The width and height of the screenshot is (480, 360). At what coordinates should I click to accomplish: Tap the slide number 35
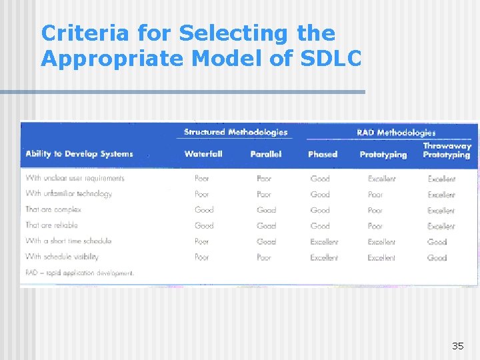(x=457, y=345)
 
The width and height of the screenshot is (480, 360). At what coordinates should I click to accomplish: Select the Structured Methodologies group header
(x=236, y=132)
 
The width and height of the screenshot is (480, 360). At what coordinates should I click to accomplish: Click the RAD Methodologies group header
(x=396, y=133)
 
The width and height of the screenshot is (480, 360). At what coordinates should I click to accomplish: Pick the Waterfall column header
(x=203, y=154)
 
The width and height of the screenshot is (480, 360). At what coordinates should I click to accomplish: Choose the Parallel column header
(x=266, y=154)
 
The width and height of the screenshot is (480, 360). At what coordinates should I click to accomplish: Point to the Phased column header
(x=323, y=155)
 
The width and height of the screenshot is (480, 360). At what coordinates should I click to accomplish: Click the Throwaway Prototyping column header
(x=447, y=150)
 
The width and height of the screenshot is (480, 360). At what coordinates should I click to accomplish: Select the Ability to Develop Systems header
(x=79, y=154)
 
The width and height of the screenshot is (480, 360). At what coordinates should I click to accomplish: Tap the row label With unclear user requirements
(x=75, y=178)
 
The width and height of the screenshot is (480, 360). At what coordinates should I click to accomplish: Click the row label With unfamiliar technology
(x=69, y=194)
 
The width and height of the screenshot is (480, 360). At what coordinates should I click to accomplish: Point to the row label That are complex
(x=53, y=209)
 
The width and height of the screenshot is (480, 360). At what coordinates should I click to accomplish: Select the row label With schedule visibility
(x=62, y=257)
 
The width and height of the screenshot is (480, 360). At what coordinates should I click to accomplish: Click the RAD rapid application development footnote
(x=79, y=273)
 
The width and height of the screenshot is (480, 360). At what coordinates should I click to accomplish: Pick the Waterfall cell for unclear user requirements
(x=202, y=179)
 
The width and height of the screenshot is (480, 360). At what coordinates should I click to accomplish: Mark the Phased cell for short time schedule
(x=324, y=241)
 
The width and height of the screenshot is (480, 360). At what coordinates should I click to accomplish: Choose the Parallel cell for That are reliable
(x=266, y=226)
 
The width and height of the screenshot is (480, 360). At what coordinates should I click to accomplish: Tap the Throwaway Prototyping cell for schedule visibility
(x=437, y=257)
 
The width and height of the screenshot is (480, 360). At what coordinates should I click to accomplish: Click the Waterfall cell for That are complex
(x=204, y=210)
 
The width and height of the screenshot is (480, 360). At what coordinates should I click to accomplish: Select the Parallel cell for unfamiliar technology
(x=264, y=195)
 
